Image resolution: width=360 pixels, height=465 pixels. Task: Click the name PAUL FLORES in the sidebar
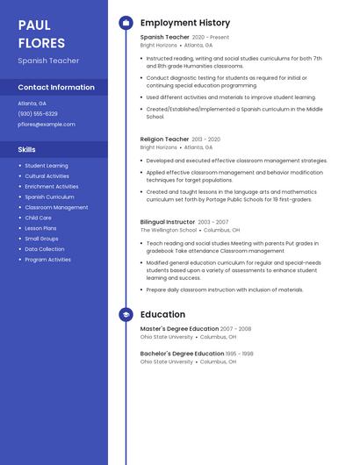point(41,33)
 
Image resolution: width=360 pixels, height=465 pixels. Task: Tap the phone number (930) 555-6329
point(38,113)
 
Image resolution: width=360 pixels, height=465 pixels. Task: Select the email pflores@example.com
point(47,125)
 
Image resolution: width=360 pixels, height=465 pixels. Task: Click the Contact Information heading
point(56,88)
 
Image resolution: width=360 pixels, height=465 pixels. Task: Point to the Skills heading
point(26,150)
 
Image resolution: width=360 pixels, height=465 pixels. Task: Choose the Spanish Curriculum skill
point(49,197)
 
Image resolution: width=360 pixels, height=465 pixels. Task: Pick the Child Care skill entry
point(38,218)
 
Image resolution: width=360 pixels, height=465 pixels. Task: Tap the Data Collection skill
point(45,249)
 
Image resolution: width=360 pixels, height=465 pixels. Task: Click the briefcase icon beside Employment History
point(126,23)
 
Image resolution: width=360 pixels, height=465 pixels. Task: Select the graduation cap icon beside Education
point(126,314)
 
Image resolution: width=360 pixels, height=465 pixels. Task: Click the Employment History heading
point(185,23)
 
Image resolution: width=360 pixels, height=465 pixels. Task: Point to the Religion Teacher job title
point(164,139)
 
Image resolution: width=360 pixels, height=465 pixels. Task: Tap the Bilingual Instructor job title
point(168,222)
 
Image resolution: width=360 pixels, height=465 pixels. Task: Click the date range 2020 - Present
point(211,38)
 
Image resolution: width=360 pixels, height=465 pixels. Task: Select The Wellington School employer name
point(169,230)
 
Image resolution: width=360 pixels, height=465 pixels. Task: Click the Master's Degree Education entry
point(179,329)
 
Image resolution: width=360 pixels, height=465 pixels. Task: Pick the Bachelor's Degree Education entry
point(182,354)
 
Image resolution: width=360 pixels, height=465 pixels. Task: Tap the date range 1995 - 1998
point(240,354)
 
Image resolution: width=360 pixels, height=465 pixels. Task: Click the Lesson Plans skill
point(40,228)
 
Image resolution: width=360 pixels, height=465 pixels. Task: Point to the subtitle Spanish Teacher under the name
point(48,61)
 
